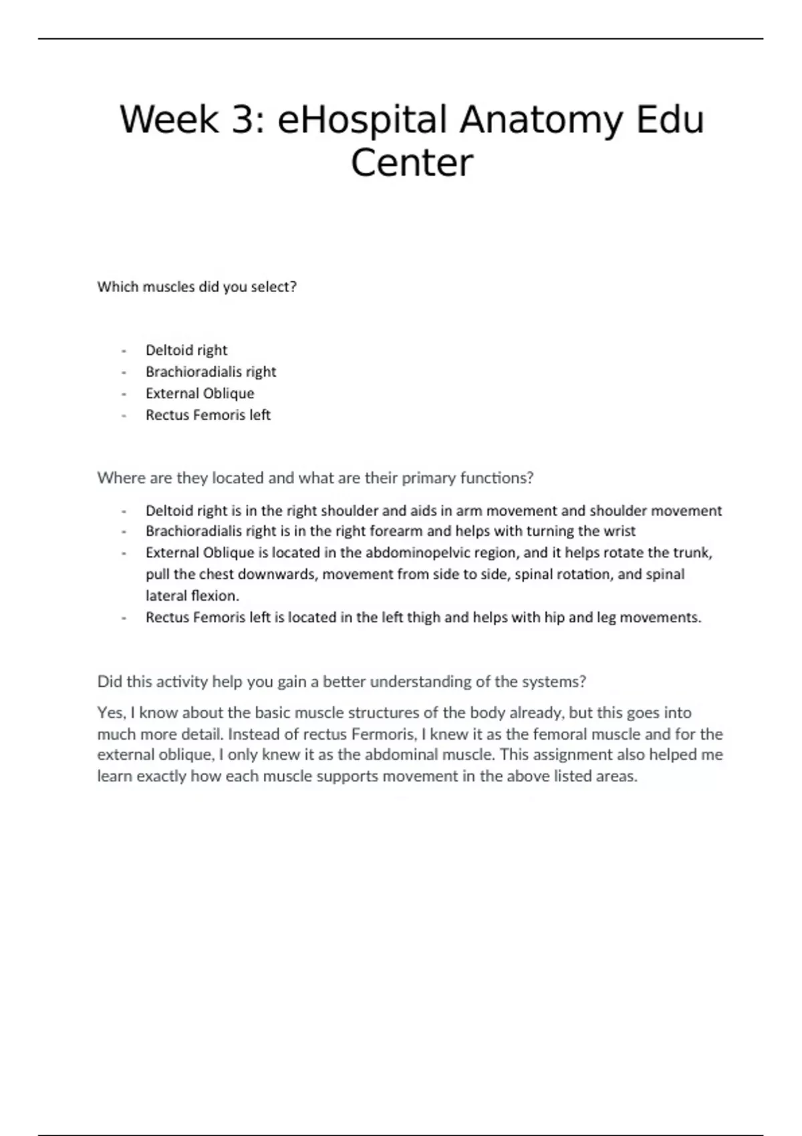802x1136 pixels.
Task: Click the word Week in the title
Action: pos(169,120)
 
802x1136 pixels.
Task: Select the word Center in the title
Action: pos(412,163)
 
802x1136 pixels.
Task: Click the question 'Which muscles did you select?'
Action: pos(196,287)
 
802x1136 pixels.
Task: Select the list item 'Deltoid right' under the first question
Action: pos(186,350)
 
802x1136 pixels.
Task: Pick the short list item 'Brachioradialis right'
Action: pos(211,372)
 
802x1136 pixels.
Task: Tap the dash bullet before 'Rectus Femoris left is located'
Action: pos(124,618)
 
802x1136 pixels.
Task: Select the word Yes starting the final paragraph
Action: pos(110,712)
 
